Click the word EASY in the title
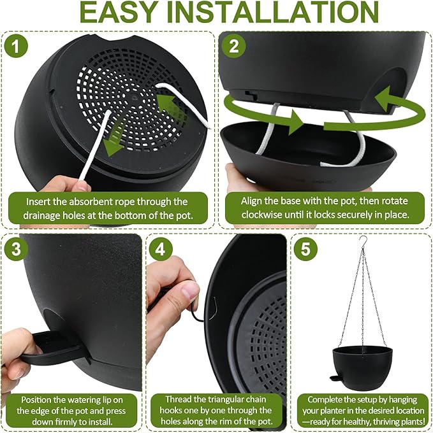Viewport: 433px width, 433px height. point(118,13)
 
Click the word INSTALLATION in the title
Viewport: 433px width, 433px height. point(273,13)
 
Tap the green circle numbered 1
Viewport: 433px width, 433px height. point(16,46)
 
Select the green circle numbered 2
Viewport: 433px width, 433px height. point(234,46)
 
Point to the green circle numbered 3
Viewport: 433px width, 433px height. point(16,249)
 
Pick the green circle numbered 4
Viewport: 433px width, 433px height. point(161,249)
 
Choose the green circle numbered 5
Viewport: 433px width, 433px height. point(305,249)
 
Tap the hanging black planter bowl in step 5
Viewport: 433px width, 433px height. point(362,368)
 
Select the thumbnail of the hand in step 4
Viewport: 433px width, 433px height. point(190,293)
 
